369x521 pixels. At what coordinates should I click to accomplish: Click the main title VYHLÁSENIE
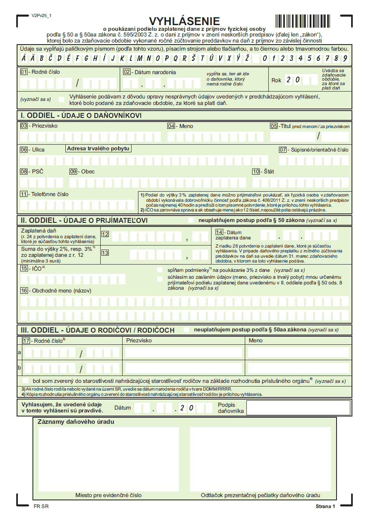point(184,21)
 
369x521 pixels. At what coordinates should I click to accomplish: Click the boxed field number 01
point(24,72)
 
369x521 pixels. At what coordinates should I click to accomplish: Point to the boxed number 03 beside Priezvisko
point(24,126)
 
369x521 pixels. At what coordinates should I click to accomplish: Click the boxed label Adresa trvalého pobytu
point(98,149)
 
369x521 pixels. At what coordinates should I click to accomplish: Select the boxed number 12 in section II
point(105,234)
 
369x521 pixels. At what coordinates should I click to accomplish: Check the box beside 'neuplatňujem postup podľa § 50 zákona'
point(191,220)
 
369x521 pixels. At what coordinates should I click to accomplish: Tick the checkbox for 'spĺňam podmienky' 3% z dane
point(160,270)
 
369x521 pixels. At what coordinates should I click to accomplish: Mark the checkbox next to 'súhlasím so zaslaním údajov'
point(160,278)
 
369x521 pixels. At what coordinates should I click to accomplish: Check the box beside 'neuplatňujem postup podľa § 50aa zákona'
point(186,330)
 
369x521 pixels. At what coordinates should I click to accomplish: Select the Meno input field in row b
point(298,368)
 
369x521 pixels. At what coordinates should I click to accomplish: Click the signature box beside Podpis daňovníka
point(298,408)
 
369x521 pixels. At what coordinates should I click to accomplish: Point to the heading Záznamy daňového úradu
point(76,422)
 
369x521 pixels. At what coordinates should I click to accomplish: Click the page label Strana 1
point(325,506)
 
